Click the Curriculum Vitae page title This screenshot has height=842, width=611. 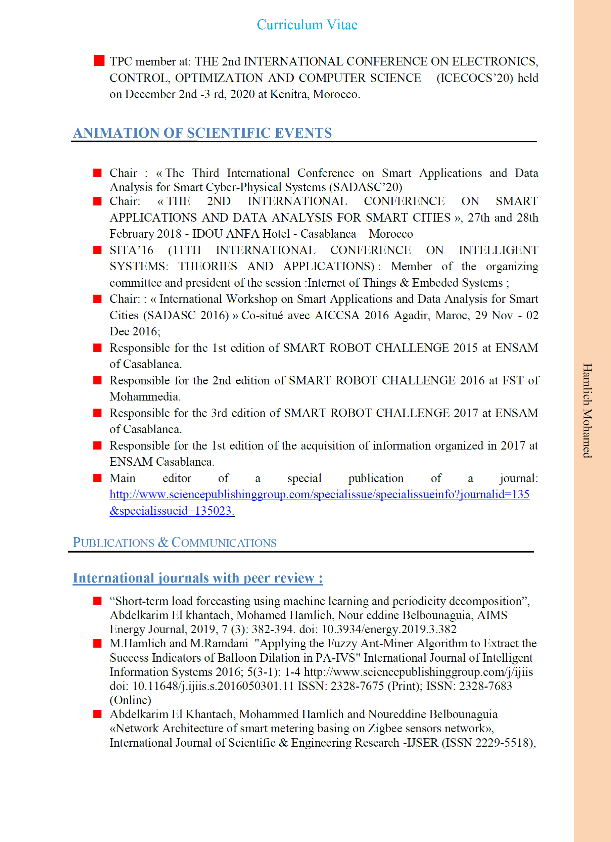307,25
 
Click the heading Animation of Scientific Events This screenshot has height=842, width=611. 202,133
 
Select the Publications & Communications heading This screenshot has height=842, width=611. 175,543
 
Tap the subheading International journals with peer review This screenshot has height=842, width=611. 197,578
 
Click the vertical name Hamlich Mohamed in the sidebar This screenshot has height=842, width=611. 587,410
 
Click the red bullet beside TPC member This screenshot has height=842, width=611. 99,60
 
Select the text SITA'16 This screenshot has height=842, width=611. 131,250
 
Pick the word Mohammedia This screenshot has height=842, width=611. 145,396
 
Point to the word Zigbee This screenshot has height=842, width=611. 385,728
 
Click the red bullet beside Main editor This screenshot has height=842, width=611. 97,478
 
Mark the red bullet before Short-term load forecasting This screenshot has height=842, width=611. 97,601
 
